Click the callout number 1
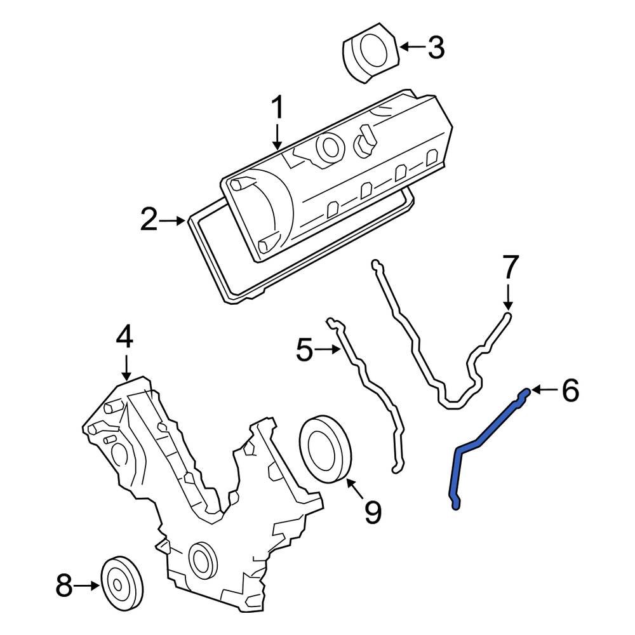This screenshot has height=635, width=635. pos(277,109)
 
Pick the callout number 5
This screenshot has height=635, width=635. pos(305,349)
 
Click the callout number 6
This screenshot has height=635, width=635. pos(570,391)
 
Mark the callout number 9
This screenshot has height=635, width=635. pos(372,512)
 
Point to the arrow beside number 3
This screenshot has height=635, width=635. pos(411,47)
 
